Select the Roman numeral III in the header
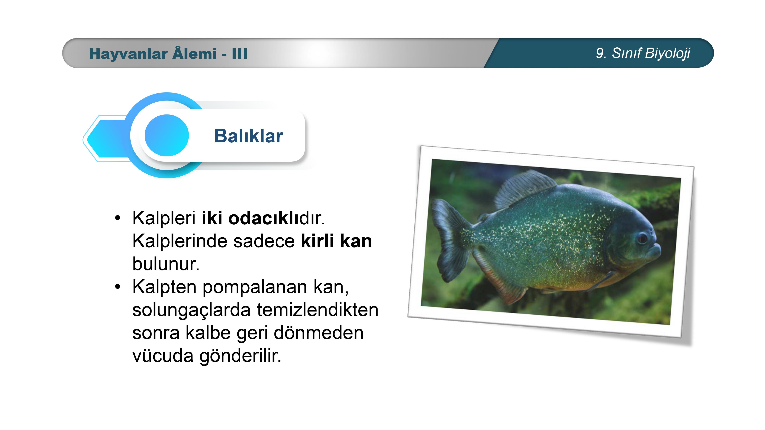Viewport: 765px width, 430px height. click(240, 54)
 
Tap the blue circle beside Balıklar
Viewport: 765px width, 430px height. click(167, 135)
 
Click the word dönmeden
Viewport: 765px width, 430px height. click(318, 333)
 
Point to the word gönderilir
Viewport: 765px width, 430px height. click(240, 356)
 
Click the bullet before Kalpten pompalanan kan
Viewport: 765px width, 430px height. click(118, 287)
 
